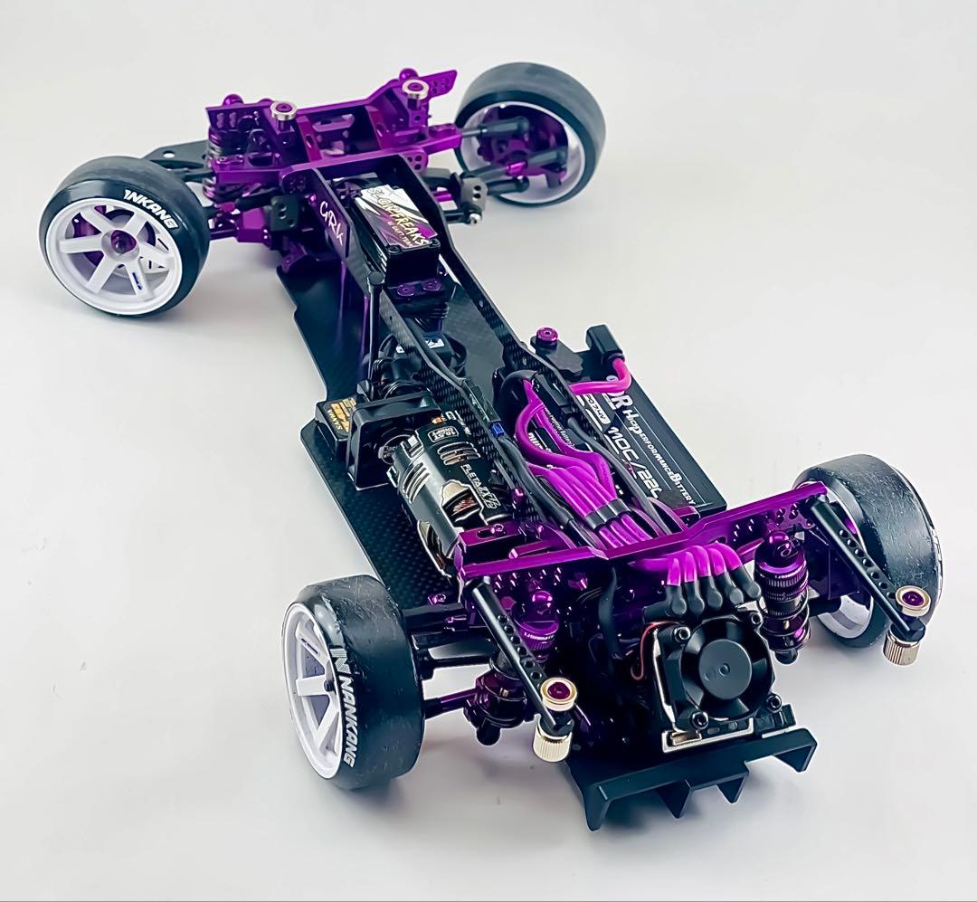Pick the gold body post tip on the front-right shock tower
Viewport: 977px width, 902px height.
pos(415,88)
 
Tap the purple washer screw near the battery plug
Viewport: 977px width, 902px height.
pos(545,337)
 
